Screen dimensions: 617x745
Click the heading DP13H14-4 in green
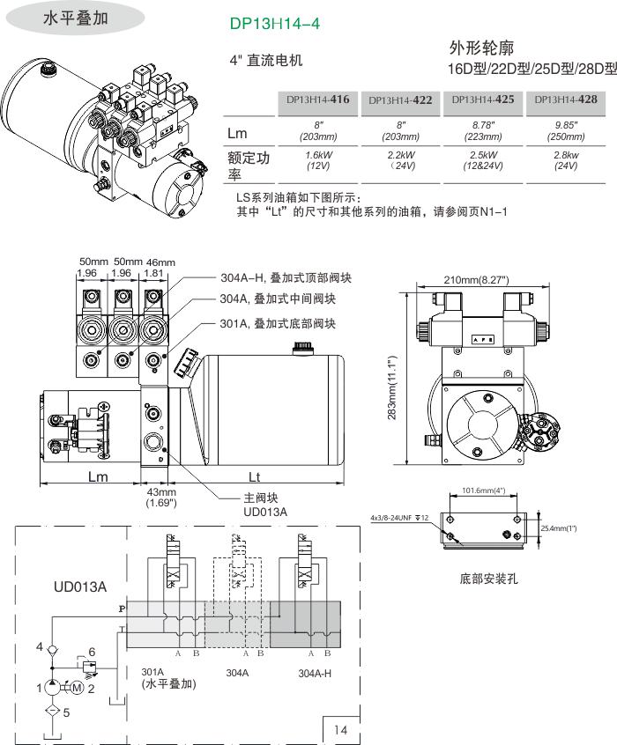pos(274,25)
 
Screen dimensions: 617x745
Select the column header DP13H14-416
pos(317,100)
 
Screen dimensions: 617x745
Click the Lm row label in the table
pos(237,133)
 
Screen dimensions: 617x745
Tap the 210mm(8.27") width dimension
pos(477,280)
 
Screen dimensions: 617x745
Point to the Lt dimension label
pos(254,477)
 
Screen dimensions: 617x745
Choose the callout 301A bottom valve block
pos(278,323)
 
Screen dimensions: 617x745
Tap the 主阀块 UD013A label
pos(264,504)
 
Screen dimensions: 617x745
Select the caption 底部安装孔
pos(489,579)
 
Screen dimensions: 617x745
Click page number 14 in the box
pos(341,729)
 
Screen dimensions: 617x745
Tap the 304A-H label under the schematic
pos(315,673)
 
